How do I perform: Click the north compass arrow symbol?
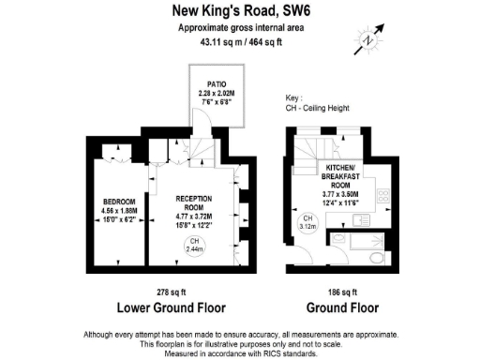coord(367,41)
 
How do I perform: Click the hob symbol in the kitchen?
coord(382,197)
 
